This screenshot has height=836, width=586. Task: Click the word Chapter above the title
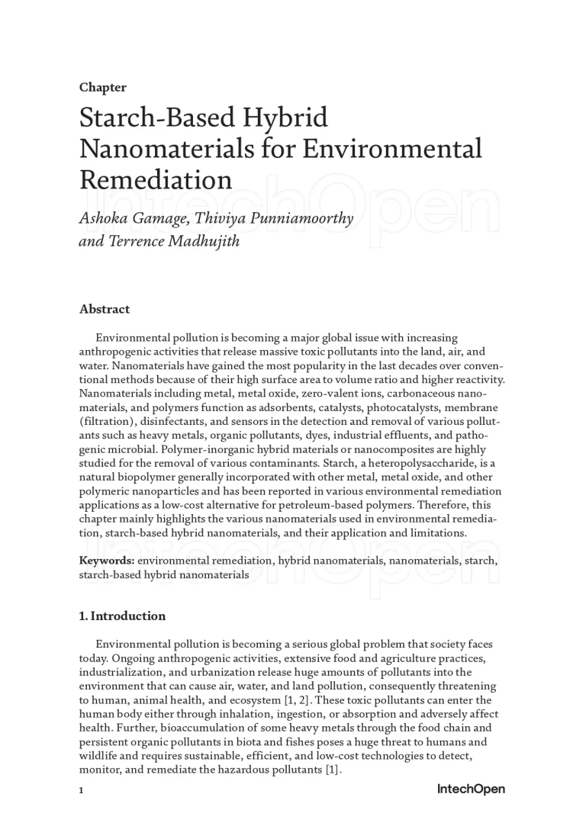coord(102,88)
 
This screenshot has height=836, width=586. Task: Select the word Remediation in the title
coord(156,179)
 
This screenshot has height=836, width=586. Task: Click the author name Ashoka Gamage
coord(134,219)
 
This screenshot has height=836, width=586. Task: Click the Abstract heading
coord(105,309)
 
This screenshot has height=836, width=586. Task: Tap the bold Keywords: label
coord(107,561)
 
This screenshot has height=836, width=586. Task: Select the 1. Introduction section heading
coord(122,616)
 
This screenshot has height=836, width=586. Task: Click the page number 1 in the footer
coord(82,790)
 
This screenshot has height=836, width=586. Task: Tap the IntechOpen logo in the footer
coord(471,789)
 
